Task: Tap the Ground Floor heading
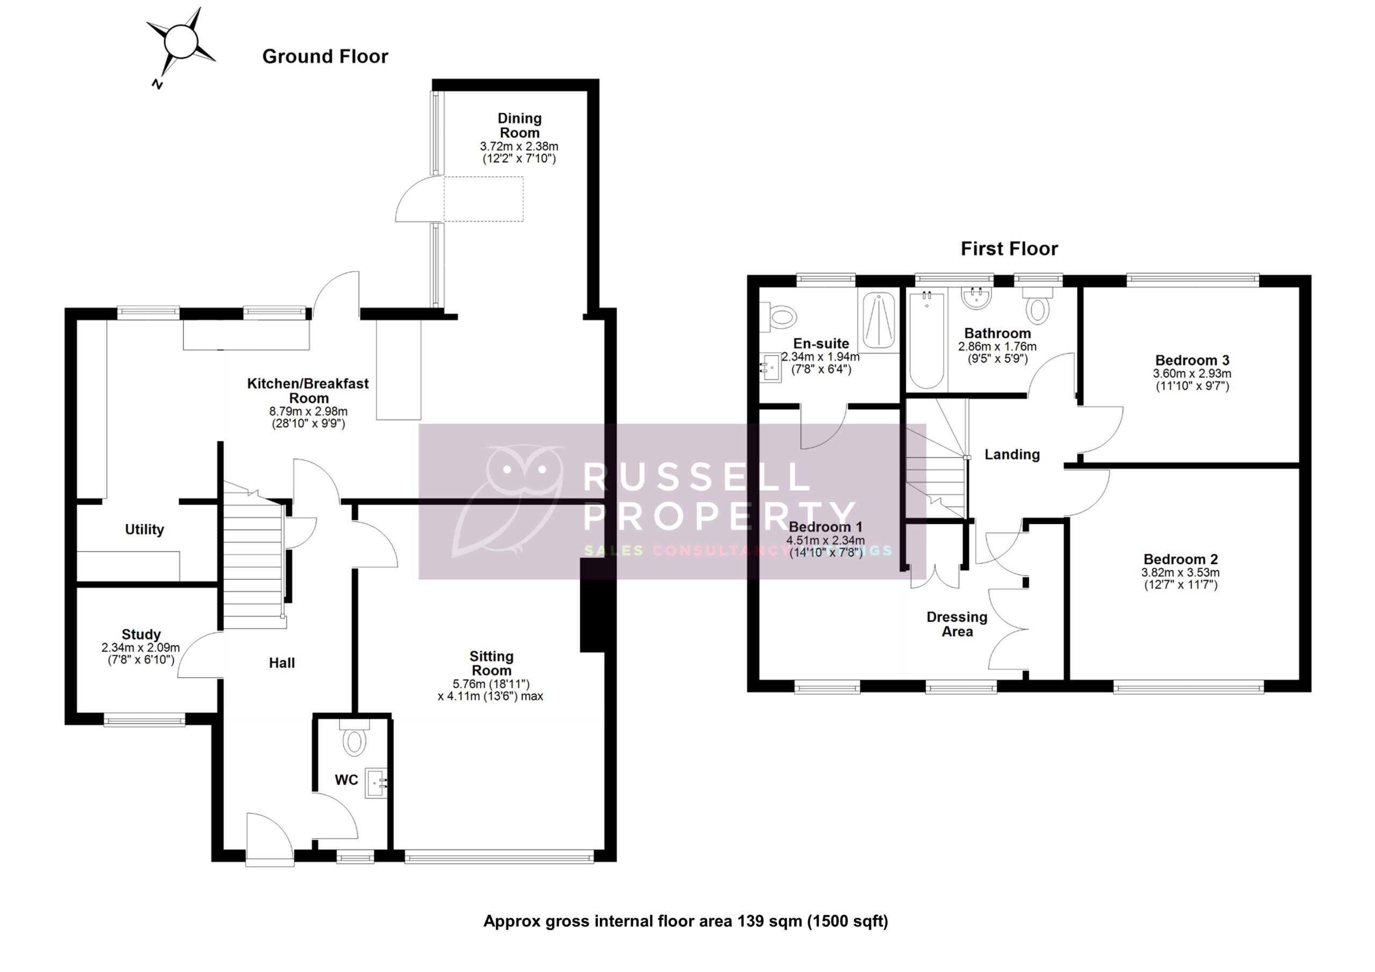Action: pos(325,56)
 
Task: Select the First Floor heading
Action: pos(1009,249)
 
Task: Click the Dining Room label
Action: pos(519,125)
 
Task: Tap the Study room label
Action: pos(141,634)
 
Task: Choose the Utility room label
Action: pos(144,529)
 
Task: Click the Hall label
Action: pos(281,663)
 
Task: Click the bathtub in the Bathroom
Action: pos(927,340)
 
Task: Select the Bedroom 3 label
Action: pos(1192,360)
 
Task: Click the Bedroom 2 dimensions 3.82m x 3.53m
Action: pos(1180,572)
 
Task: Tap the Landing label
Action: pos(1012,454)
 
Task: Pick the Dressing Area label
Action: pos(957,624)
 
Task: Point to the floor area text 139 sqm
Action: pos(769,921)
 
